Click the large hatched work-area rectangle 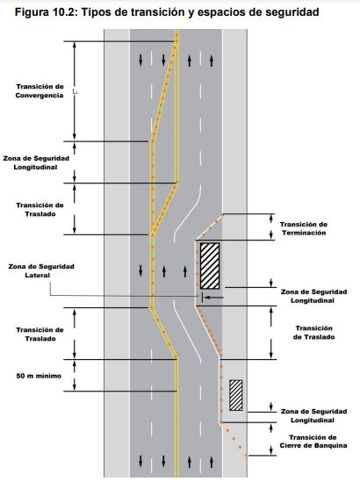click(x=210, y=266)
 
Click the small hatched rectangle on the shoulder click(x=236, y=395)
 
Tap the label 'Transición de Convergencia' click(x=40, y=91)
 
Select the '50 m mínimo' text click(x=39, y=376)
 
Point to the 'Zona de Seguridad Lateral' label click(x=41, y=270)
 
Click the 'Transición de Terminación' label click(x=304, y=228)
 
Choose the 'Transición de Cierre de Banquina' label click(x=313, y=442)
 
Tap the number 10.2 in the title click(x=63, y=12)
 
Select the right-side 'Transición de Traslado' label click(x=313, y=333)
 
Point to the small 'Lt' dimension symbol click(x=75, y=91)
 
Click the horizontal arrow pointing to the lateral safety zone click(x=215, y=298)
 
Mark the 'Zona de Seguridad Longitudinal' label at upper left click(x=36, y=163)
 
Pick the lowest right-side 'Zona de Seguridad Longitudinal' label click(x=313, y=415)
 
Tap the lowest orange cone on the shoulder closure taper click(x=246, y=456)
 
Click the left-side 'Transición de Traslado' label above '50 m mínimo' click(x=40, y=335)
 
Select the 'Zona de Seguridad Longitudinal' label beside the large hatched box click(x=313, y=296)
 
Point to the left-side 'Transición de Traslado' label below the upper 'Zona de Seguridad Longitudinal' click(x=40, y=209)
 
